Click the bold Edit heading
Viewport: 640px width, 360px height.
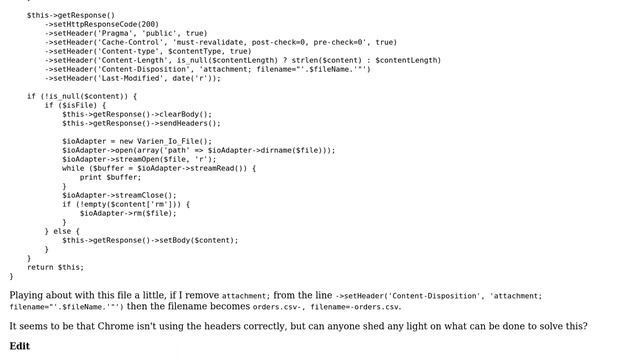click(20, 346)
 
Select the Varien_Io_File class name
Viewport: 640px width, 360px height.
click(172, 141)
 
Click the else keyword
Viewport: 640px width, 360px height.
click(62, 231)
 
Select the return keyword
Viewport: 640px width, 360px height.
click(40, 267)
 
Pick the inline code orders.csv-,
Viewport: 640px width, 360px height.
click(279, 307)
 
